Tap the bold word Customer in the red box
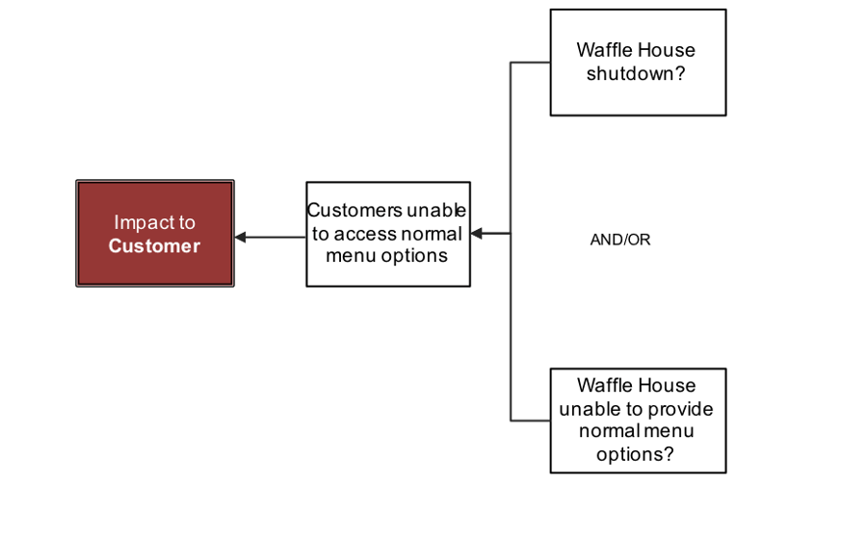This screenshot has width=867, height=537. pos(154,246)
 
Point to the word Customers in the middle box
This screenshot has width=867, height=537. pos(354,211)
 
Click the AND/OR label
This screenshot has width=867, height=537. pos(619,240)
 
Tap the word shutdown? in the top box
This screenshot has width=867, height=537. pos(636,74)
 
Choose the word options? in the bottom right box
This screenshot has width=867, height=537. pos(635,454)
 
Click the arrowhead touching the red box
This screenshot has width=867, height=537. pos(240,237)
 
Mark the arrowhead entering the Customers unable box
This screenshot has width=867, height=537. pos(476,233)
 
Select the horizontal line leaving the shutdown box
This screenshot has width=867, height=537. pos(530,63)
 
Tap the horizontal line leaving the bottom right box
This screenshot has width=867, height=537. pos(530,421)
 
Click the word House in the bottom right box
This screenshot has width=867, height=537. pos(670,386)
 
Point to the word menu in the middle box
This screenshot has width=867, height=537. pos(347,256)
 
